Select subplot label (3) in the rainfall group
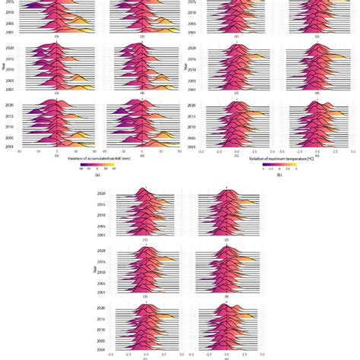click(55, 92)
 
